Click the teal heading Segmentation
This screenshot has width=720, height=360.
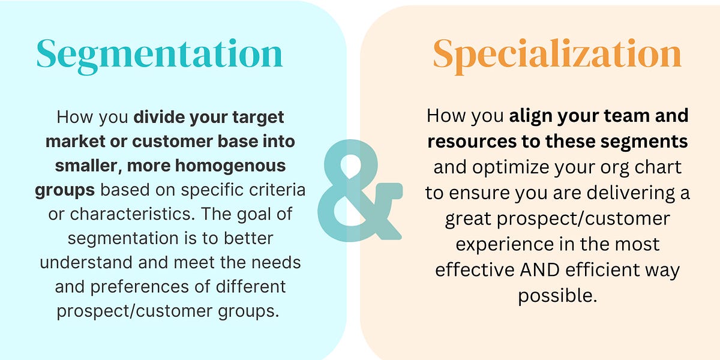click(x=159, y=55)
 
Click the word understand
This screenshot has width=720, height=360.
click(x=97, y=263)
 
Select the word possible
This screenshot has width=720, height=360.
click(x=557, y=296)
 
